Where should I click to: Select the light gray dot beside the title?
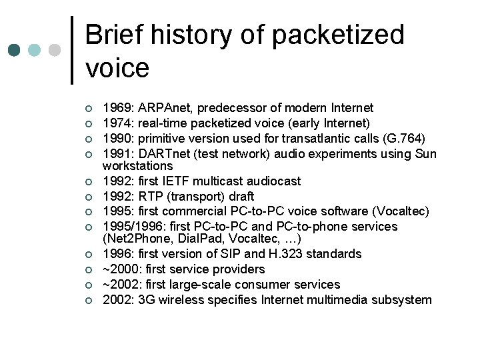[55, 51]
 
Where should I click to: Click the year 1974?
[116, 123]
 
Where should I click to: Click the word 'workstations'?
[137, 165]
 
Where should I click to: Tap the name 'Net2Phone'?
[135, 238]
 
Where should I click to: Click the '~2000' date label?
[118, 269]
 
